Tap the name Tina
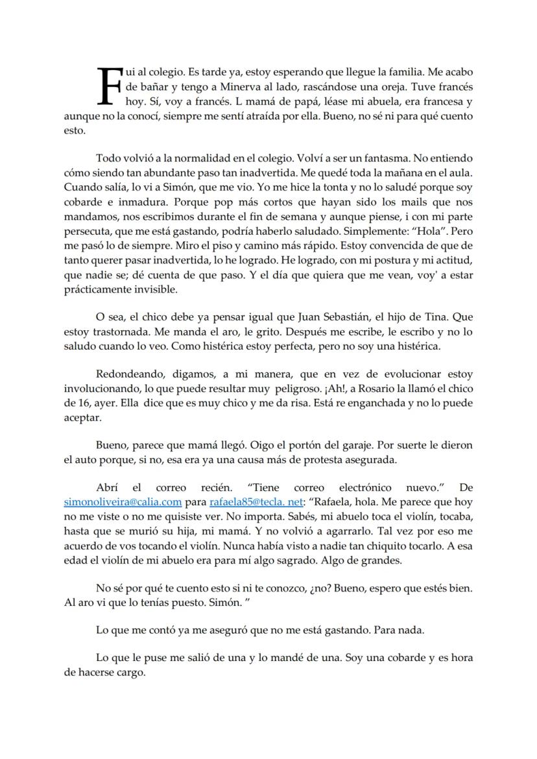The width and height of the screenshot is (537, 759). tap(433, 318)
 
